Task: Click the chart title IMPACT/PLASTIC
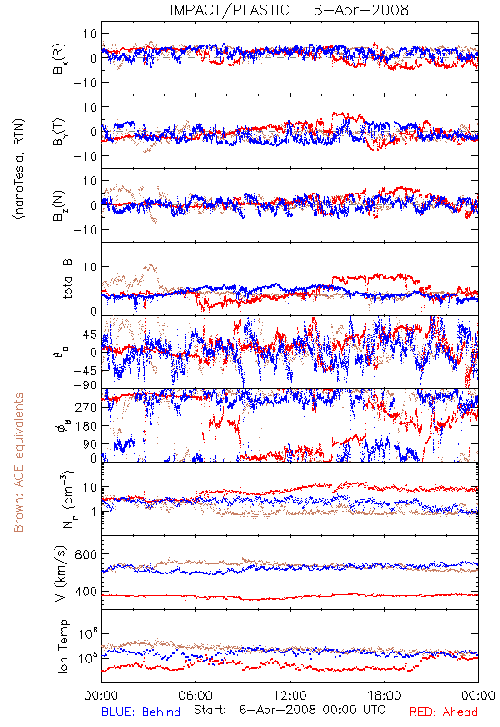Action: tap(230, 10)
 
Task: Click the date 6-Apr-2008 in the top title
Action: tap(361, 10)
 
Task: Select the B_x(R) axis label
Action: tap(59, 59)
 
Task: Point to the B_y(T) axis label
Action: tap(59, 132)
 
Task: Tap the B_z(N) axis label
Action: tap(59, 205)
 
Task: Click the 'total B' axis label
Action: tap(66, 279)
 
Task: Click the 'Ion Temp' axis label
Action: tap(63, 646)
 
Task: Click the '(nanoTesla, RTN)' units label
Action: tap(19, 169)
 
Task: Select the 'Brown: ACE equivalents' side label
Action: tap(18, 463)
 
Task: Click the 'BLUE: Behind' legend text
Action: tap(141, 712)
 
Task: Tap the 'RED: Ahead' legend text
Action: tap(444, 712)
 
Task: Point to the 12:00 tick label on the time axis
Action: tap(290, 695)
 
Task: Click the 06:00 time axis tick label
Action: tap(195, 695)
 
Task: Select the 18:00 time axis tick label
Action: tap(385, 695)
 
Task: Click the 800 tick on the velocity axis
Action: tap(85, 555)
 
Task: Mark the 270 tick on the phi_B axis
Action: tap(86, 407)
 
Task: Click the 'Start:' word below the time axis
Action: tap(210, 710)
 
